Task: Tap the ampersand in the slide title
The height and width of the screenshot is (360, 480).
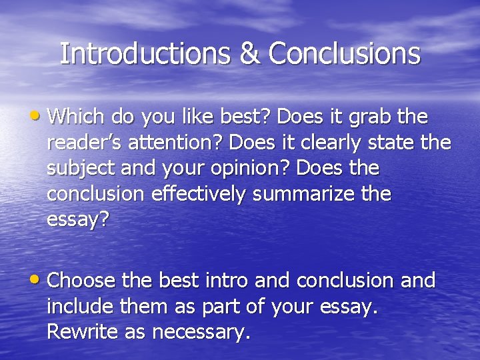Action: pos(250,54)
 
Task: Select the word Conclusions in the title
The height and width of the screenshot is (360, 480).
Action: pos(344,54)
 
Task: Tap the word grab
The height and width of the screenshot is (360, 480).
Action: pos(367,117)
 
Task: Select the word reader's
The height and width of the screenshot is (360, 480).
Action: pos(84,143)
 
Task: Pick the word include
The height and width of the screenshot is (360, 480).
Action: pos(81,306)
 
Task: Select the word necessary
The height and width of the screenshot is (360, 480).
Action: pos(199,332)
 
